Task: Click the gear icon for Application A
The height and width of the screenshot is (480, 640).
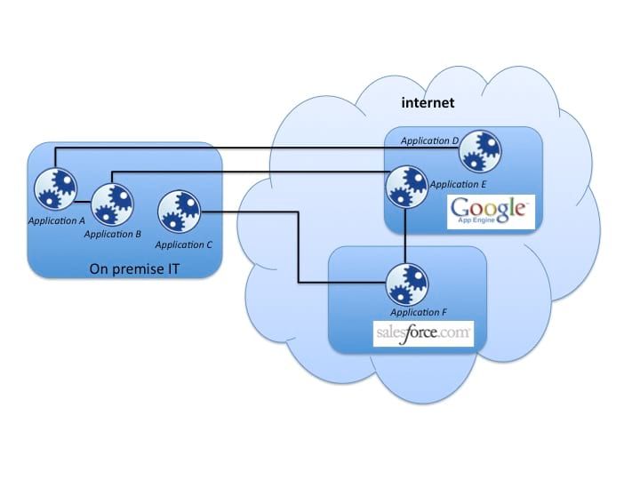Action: pos(55,189)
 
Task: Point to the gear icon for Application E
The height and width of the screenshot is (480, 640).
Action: pos(406,187)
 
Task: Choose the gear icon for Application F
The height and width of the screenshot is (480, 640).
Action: pos(406,284)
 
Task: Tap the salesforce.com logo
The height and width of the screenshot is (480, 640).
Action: pos(422,335)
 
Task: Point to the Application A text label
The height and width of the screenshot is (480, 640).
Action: pos(55,219)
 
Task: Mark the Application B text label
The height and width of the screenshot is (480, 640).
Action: pos(113,234)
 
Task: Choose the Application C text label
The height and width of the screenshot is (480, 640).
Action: pos(183,244)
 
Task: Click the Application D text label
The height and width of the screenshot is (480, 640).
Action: pos(429,140)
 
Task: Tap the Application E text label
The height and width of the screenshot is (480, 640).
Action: pos(458,184)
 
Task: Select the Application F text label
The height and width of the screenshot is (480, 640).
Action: pos(419,314)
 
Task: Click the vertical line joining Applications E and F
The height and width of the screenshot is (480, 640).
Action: pos(406,236)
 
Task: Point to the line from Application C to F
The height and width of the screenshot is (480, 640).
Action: pos(298,249)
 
